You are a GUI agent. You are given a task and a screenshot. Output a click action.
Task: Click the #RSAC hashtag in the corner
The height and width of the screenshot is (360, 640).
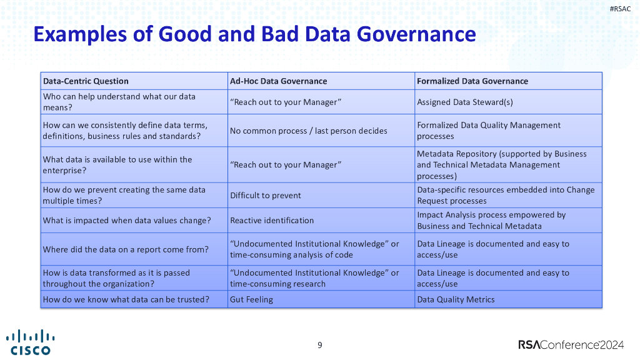point(619,8)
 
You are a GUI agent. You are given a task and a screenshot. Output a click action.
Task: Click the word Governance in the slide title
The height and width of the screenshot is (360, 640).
point(416,33)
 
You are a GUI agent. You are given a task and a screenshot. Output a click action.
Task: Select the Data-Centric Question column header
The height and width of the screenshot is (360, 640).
point(86,81)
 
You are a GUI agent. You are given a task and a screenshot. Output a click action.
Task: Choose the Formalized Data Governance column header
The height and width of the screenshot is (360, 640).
point(472,81)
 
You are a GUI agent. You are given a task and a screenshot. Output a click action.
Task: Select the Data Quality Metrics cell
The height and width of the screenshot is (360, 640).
point(456,299)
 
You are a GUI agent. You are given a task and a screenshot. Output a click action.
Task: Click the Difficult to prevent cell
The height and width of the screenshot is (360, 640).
point(265,196)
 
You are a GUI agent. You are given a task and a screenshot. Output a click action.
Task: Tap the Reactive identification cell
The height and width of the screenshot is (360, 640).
point(272,221)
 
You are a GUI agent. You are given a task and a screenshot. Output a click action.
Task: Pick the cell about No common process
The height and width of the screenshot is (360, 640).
point(308,131)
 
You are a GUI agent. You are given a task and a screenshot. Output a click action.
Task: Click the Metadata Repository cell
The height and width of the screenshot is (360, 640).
point(501,165)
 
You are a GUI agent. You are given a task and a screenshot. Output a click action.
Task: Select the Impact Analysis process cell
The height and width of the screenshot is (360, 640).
point(491,221)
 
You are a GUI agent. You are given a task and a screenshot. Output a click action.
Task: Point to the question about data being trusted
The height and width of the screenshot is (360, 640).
point(126,299)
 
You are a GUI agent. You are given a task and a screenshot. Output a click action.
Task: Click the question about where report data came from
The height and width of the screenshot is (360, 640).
point(125,249)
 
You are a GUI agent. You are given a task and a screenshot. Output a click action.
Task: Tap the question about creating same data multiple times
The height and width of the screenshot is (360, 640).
point(124,196)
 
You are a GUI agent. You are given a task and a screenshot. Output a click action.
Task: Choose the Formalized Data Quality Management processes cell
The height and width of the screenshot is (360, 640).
point(488,131)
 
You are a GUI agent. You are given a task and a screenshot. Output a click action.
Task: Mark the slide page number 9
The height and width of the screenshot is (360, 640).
point(320,345)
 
